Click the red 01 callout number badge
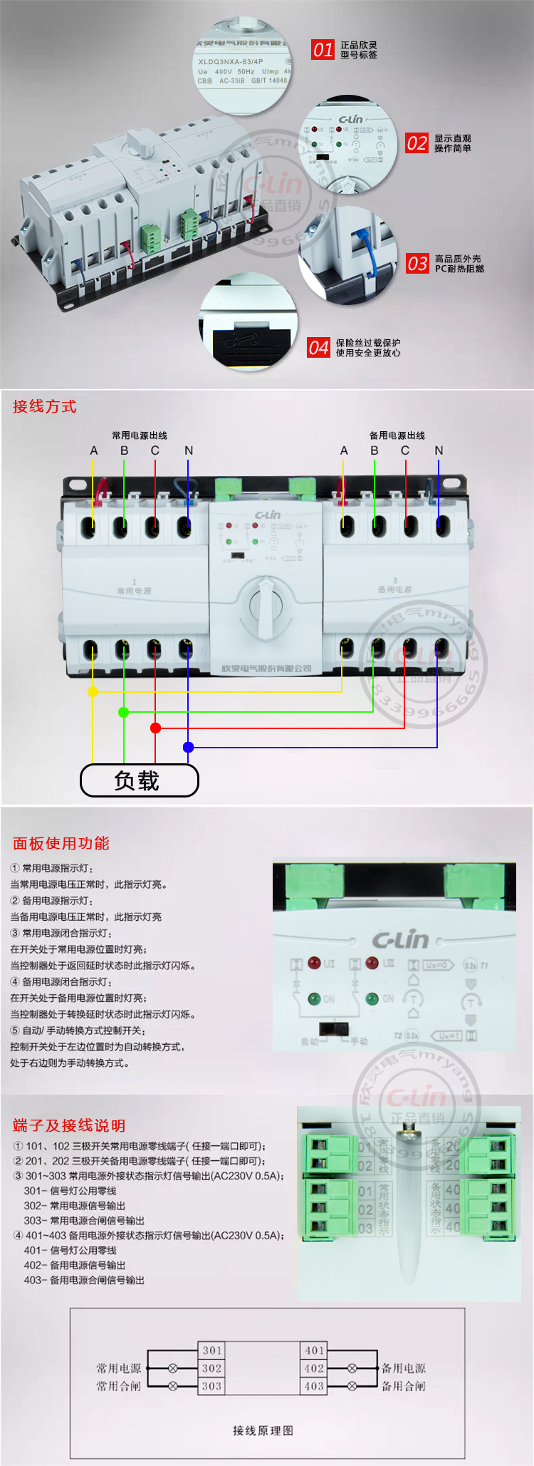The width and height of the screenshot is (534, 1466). [323, 49]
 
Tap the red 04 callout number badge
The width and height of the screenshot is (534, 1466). [318, 347]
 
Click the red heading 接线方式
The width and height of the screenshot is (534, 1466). [44, 406]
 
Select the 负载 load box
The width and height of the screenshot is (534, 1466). [139, 780]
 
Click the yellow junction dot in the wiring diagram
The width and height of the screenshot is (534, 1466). [93, 691]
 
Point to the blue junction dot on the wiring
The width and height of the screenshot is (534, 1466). [188, 747]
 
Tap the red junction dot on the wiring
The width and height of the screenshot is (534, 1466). [155, 728]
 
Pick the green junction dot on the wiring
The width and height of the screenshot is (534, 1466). [124, 712]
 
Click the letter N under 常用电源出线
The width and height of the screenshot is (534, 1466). [189, 450]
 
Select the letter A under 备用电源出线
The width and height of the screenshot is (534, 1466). [344, 450]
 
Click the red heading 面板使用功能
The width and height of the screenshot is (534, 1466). [61, 843]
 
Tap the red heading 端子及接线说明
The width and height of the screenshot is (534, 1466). [69, 1125]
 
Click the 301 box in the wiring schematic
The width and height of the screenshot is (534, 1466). [212, 1350]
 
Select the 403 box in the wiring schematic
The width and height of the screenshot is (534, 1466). [314, 1385]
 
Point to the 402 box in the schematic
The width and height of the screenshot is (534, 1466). [314, 1368]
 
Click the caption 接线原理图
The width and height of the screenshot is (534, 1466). [263, 1430]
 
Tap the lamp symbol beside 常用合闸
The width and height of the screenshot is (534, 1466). [173, 1385]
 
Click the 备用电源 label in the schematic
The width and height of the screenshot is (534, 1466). [404, 1368]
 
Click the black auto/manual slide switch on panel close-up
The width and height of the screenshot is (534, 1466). [333, 1029]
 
